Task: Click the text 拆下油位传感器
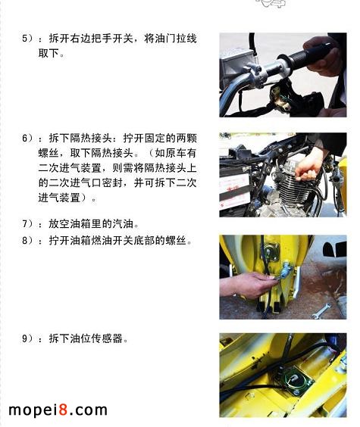[89, 338]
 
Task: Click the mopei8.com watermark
[58, 410]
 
